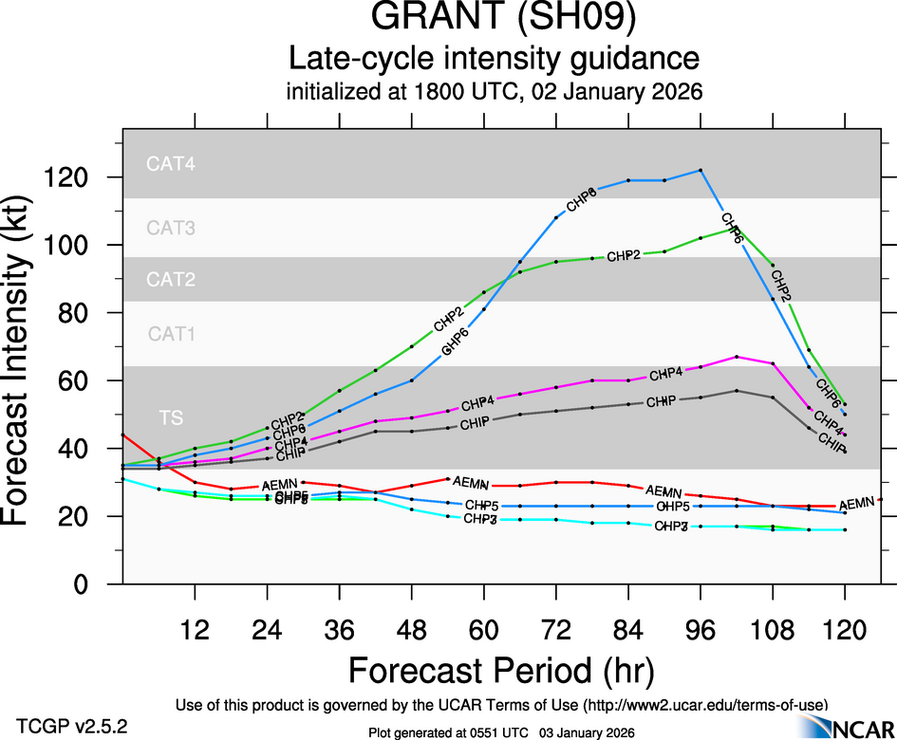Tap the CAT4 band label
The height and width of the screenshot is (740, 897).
(x=171, y=164)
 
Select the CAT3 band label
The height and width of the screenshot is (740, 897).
(x=171, y=228)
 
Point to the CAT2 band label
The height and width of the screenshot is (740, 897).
(x=171, y=280)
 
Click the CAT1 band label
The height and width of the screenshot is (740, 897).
(x=171, y=334)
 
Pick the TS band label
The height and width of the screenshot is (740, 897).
(x=171, y=417)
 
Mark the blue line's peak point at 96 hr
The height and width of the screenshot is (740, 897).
(x=701, y=170)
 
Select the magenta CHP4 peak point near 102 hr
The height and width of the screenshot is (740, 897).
(x=738, y=357)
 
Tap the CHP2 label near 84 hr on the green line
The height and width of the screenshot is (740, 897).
(x=625, y=256)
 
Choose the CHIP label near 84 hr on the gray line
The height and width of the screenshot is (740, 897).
(x=661, y=402)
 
